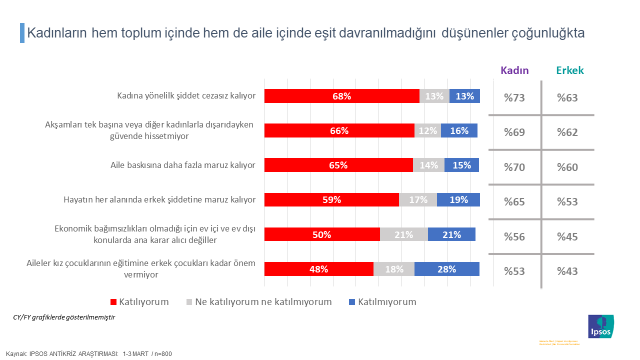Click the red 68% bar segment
pos(341,96)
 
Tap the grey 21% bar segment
pos(404,234)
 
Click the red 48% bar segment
pos(318,268)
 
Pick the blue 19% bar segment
pos(459,199)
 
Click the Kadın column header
pos(514,70)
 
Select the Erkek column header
pos(570,70)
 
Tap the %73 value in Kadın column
pos(514,97)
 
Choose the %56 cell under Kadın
pos(514,234)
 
